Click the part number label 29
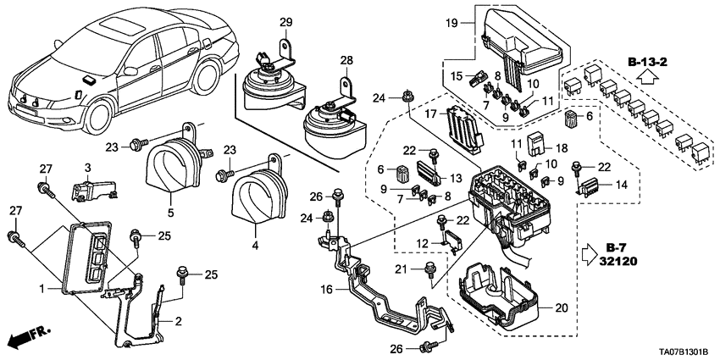tap(285, 20)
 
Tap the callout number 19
tap(452, 24)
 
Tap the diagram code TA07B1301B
tap(677, 352)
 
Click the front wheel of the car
tap(101, 118)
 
